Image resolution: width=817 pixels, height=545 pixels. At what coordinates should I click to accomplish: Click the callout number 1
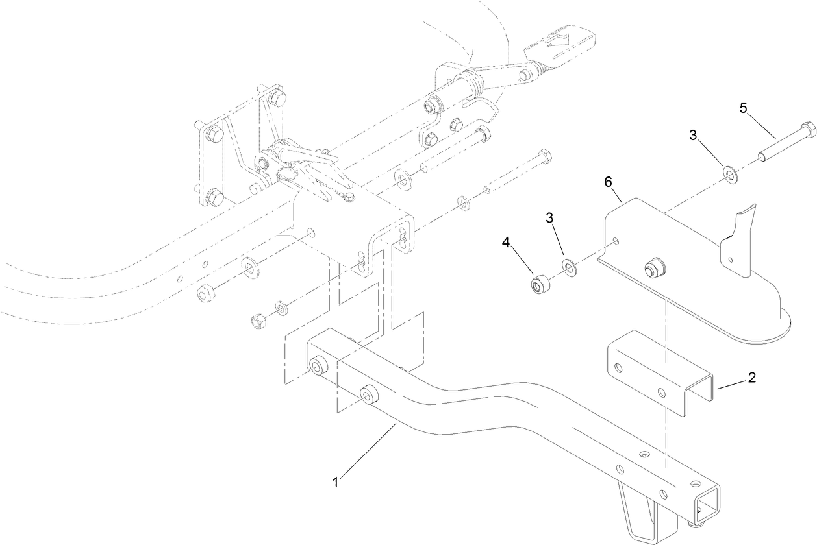[x=335, y=482]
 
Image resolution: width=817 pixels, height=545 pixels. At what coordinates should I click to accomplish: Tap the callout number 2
[x=751, y=377]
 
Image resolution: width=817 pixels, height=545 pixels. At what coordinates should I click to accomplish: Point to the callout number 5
[x=743, y=108]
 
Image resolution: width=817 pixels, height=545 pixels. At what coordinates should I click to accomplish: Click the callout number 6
[x=609, y=182]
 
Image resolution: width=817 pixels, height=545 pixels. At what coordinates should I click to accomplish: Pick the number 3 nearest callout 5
[x=693, y=136]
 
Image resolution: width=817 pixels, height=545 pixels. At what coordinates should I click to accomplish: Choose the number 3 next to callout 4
[x=549, y=218]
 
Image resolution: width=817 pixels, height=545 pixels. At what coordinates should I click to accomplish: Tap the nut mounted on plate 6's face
[x=651, y=268]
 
